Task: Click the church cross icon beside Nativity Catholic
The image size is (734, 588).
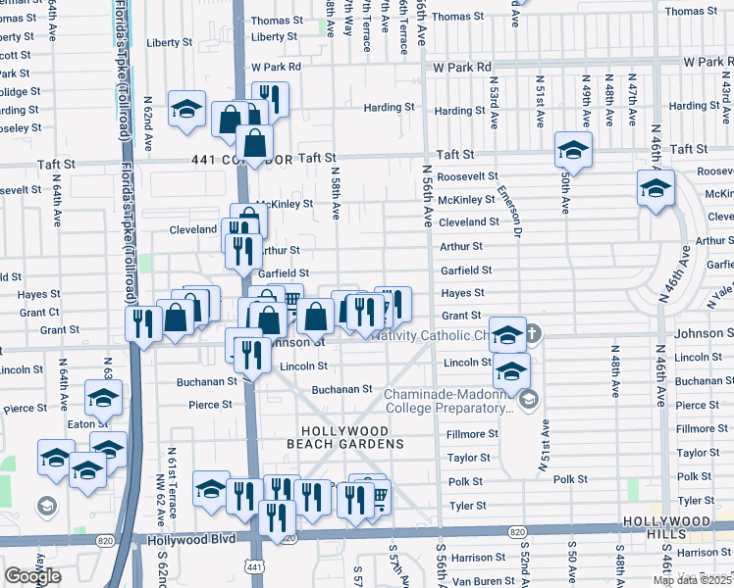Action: (531, 334)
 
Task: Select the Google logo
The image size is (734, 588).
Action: (32, 576)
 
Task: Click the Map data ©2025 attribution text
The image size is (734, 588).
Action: (693, 580)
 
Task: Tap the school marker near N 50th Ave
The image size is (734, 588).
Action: (573, 150)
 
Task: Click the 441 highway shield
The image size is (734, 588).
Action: (255, 567)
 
